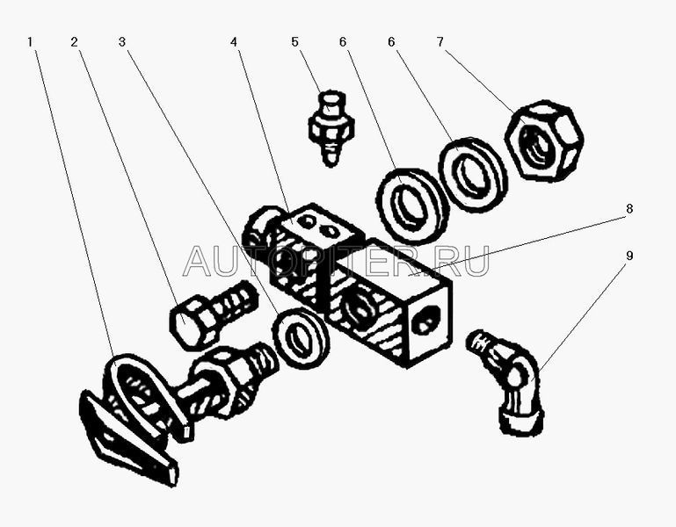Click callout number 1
coord(30,42)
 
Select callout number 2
coord(75,42)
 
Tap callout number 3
coord(122,42)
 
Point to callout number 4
coord(233,42)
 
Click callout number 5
coord(294,42)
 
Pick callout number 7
coord(440,42)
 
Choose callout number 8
coord(629,208)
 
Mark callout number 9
coord(629,256)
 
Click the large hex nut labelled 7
coord(544,140)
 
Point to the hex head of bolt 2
coord(194,321)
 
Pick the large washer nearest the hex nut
coord(473,174)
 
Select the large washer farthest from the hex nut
coord(412,207)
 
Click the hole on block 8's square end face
coord(426,320)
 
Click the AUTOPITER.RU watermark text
coord(337,261)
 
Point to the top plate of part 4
coord(320,224)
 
